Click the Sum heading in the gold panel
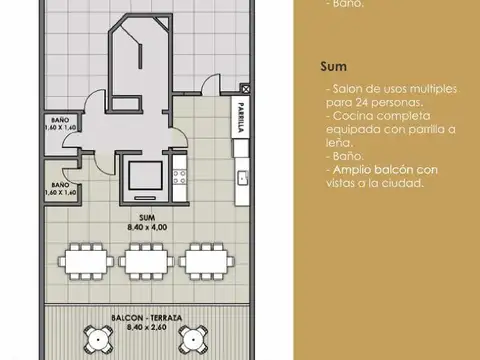coord(333,67)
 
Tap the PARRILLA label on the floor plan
coord(241,119)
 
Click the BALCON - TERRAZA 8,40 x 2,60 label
coord(147,322)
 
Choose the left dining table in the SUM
coord(86,260)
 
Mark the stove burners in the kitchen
coord(181,179)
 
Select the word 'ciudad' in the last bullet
coord(407,183)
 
